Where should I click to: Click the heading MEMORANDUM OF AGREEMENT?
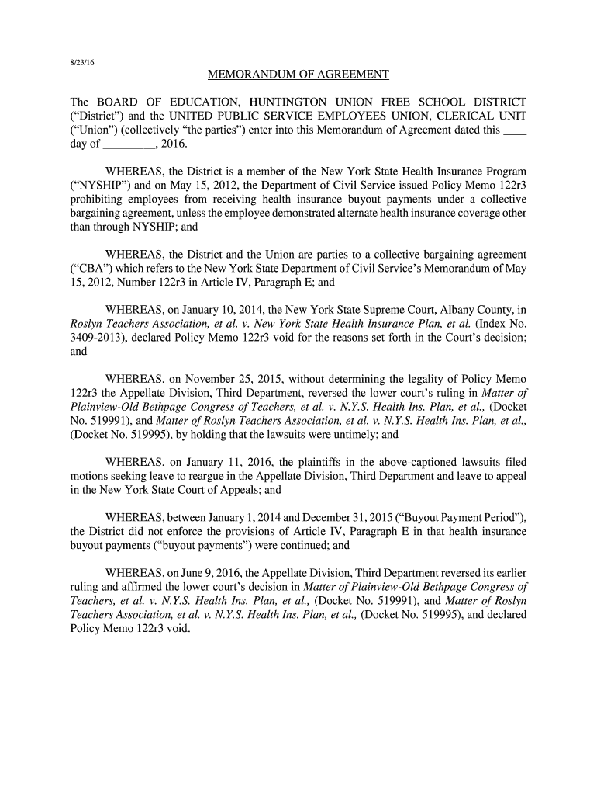tap(298, 75)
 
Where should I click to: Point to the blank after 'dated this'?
tap(515, 130)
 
